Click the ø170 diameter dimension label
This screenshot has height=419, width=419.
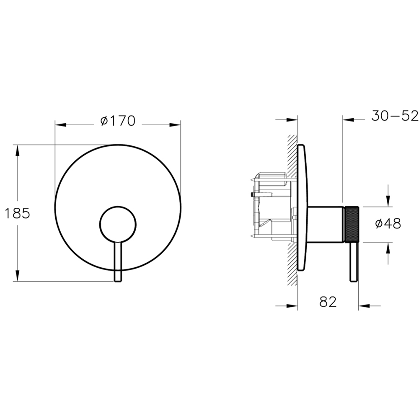click(118, 121)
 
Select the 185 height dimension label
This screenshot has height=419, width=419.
click(17, 213)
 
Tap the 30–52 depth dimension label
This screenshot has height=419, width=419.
click(395, 116)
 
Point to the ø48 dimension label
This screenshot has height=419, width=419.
click(388, 223)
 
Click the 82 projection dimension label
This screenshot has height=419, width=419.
click(328, 302)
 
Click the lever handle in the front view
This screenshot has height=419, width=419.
click(118, 261)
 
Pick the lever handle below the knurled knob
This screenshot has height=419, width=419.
click(354, 262)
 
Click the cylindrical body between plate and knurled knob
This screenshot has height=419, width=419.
click(326, 225)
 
